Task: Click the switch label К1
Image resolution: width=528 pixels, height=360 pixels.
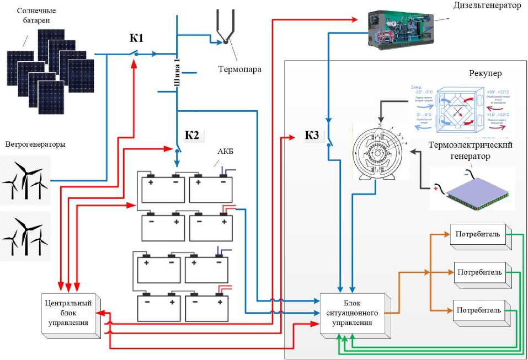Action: (136, 38)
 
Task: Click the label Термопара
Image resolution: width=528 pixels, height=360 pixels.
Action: (239, 70)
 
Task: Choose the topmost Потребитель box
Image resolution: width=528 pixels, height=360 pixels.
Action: (478, 235)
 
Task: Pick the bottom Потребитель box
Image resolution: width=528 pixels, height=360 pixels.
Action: (478, 311)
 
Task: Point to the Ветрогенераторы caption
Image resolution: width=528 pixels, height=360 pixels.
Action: (35, 145)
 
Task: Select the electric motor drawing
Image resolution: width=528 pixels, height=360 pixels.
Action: (380, 151)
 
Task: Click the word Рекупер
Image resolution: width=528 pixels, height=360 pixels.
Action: (486, 73)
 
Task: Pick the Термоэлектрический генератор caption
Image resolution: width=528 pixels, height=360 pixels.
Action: (471, 150)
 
